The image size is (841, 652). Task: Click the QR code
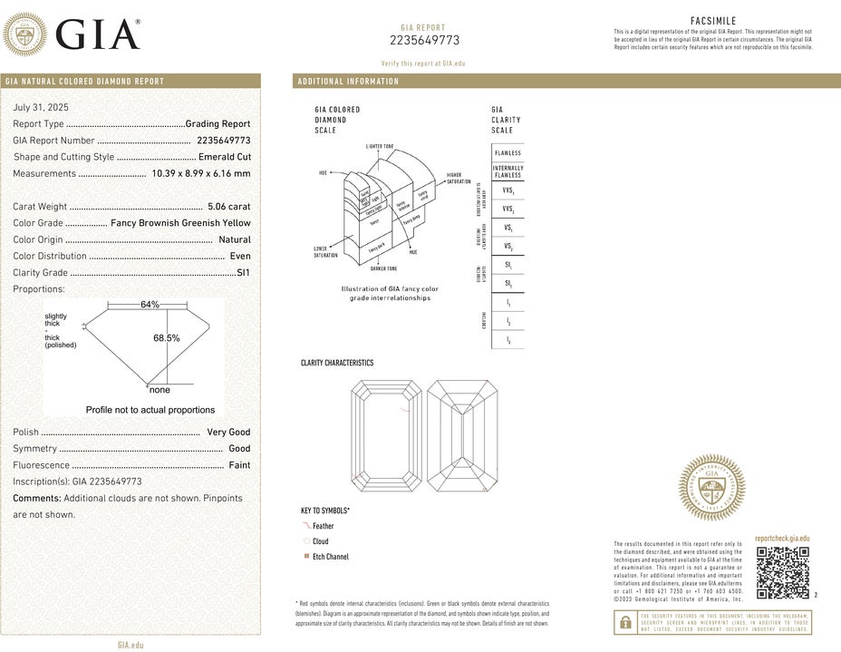(781, 573)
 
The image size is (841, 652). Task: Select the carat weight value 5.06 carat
(228, 207)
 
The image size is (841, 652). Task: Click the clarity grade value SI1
(243, 272)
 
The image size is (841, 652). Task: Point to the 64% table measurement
(150, 305)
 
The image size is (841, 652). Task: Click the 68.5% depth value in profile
(167, 338)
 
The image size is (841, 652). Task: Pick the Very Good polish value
(228, 433)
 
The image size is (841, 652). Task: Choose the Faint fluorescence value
(238, 465)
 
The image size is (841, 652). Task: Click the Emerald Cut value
(224, 157)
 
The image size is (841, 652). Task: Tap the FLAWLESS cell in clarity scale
(507, 153)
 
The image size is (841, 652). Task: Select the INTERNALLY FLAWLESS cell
(507, 171)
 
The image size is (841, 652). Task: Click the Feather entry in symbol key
(323, 526)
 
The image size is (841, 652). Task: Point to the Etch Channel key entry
(330, 557)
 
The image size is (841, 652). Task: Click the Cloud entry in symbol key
(320, 541)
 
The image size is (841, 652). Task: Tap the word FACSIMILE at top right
(713, 21)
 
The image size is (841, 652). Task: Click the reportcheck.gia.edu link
(782, 539)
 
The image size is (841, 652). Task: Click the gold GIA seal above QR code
(712, 487)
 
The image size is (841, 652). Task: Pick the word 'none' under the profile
(159, 390)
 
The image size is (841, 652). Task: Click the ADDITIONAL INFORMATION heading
(348, 82)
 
